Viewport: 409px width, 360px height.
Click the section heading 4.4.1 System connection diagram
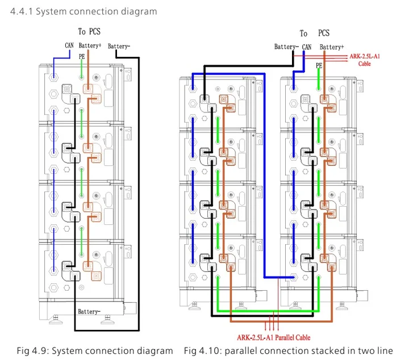tap(84, 11)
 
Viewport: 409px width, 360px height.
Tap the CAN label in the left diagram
tap(69, 45)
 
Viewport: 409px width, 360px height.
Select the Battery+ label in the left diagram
tap(90, 45)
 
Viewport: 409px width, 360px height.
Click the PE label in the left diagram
tap(82, 57)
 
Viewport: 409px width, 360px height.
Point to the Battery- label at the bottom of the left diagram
tap(89, 312)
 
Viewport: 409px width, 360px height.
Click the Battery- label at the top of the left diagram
tap(119, 47)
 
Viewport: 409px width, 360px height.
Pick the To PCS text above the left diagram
tap(89, 32)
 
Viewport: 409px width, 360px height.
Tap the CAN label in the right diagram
tap(307, 47)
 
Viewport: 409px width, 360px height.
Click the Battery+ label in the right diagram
tap(332, 47)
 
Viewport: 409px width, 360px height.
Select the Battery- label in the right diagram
tap(286, 47)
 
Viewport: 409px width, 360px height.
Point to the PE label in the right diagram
tap(319, 65)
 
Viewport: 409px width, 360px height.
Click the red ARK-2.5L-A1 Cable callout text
tap(365, 60)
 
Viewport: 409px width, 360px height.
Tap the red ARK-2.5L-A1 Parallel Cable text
tap(274, 338)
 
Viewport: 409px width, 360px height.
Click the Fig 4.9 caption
tap(95, 351)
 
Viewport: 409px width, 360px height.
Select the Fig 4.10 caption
tap(288, 351)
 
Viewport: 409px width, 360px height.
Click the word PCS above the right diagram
tap(324, 33)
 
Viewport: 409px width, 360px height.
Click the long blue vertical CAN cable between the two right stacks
tap(265, 175)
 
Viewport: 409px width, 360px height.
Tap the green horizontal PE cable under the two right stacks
tap(268, 311)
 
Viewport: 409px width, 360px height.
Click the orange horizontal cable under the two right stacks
tap(281, 321)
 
